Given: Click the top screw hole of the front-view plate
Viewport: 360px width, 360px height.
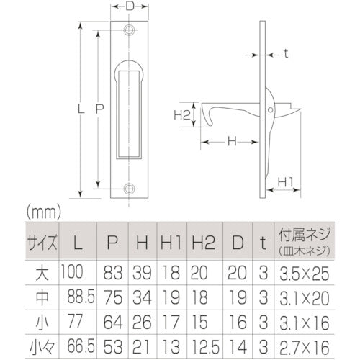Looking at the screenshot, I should point(129,31).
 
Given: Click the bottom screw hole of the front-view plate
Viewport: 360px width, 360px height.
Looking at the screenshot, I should point(129,189).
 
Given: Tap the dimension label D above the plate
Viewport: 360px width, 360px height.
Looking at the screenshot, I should point(129,6).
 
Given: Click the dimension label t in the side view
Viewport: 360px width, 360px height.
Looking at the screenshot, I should point(285,53).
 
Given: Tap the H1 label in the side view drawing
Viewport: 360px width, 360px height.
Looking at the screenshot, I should point(284,181).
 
